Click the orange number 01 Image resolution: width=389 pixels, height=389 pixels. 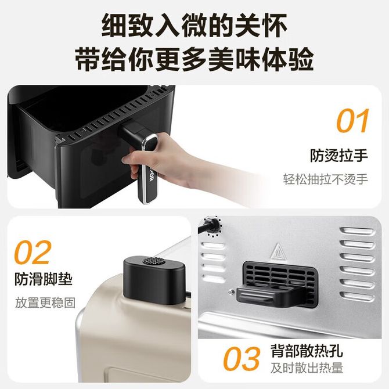click(x=353, y=121)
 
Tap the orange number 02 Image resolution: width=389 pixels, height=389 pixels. click(x=33, y=253)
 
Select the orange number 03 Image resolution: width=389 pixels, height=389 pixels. click(x=242, y=358)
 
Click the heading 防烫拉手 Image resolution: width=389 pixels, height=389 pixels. click(x=339, y=155)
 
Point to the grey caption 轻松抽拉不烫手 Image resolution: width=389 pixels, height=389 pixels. click(x=326, y=179)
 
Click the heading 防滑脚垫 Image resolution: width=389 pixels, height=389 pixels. click(x=44, y=279)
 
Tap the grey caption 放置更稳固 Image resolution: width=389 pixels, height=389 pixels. click(x=45, y=302)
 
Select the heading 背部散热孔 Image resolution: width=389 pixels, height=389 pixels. click(x=307, y=350)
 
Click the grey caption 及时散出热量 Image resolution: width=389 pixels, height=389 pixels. click(x=307, y=368)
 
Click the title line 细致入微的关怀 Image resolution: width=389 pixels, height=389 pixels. click(x=195, y=26)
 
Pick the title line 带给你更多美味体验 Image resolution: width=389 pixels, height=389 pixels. click(x=195, y=59)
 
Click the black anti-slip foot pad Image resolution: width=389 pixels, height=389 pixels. click(x=154, y=280)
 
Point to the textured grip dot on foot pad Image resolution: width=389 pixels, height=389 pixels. click(x=153, y=261)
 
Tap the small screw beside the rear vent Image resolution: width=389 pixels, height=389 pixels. click(x=232, y=291)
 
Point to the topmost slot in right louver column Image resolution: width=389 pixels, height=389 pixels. click(x=358, y=231)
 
